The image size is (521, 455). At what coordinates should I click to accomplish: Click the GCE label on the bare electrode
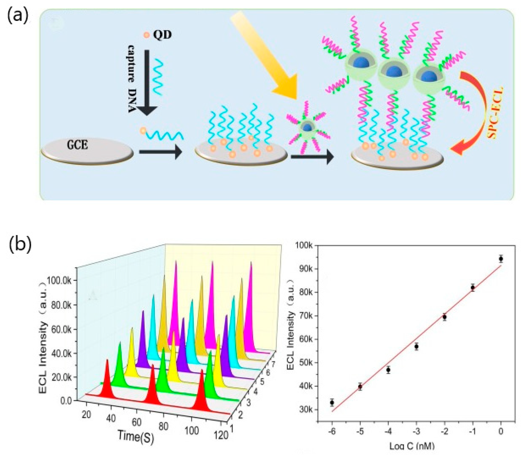(x=77, y=145)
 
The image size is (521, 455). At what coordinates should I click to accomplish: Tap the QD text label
(x=162, y=35)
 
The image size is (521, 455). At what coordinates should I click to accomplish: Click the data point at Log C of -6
(x=332, y=402)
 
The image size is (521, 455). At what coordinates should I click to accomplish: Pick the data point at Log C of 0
(x=501, y=259)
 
